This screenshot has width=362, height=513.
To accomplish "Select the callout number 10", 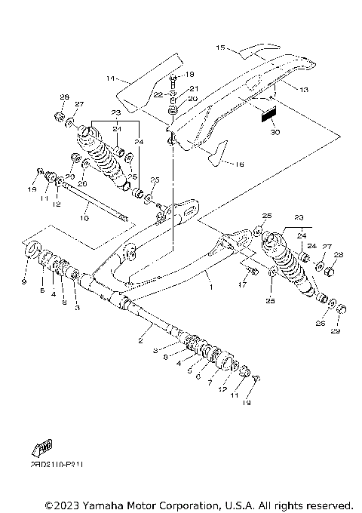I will pyautogui.click(x=84, y=218).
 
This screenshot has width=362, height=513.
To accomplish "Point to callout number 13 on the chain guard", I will pyautogui.click(x=283, y=90).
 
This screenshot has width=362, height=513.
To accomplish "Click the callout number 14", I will pyautogui.click(x=109, y=78).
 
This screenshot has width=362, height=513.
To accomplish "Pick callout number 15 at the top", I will pyautogui.click(x=221, y=48).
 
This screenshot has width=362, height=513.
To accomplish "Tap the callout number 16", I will pyautogui.click(x=239, y=164).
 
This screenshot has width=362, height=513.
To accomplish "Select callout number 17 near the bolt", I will pyautogui.click(x=242, y=285).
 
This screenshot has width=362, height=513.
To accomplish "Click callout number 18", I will pyautogui.click(x=189, y=74).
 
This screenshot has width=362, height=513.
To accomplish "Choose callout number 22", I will pyautogui.click(x=158, y=94).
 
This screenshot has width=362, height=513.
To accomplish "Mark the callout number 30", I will pyautogui.click(x=274, y=132).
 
